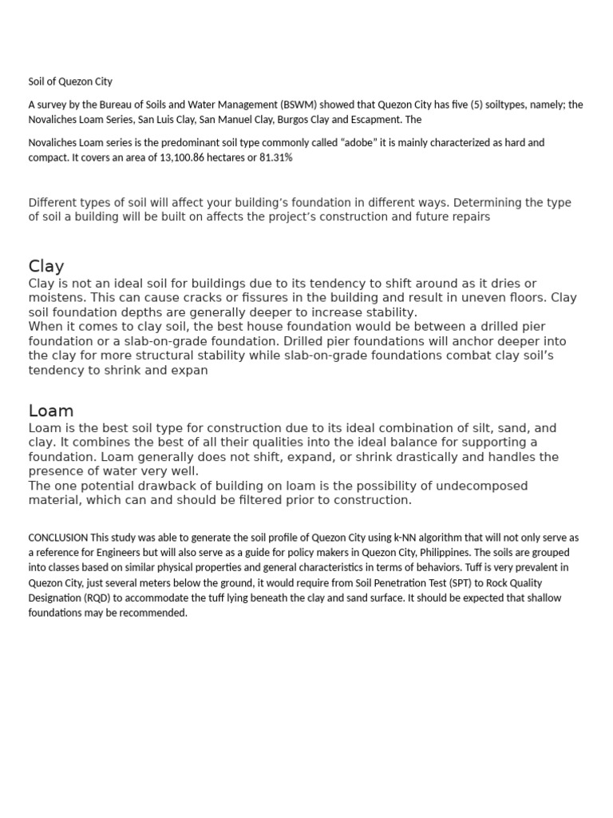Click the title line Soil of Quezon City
coord(70,81)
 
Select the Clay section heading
coord(46,266)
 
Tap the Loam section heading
coord(51,411)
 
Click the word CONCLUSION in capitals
coord(58,538)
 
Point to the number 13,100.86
coord(186,157)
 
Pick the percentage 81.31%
coord(275,157)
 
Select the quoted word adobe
coord(360,142)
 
